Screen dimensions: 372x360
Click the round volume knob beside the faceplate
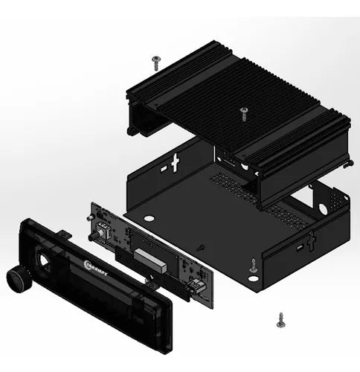[16, 280]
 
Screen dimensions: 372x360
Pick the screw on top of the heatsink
[245, 112]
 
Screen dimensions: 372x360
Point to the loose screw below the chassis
[280, 319]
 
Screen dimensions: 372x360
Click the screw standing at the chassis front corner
[254, 264]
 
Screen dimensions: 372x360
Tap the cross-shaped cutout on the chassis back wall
[176, 163]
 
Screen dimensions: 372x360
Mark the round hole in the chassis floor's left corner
[148, 219]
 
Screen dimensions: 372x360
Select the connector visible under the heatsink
[228, 161]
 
